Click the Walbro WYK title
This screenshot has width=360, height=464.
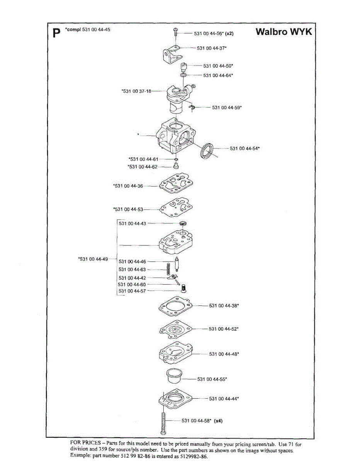coord(284,32)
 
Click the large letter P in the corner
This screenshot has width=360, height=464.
coord(56,33)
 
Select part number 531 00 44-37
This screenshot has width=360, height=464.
coord(212,48)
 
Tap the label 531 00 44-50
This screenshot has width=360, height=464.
coord(218,66)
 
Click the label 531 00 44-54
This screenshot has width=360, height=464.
coord(245,148)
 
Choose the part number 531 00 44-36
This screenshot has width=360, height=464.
coord(128,186)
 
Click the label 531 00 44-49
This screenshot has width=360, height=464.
coord(93,259)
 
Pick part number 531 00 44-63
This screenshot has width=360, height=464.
coord(132,270)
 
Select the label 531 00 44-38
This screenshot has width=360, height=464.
coord(224,305)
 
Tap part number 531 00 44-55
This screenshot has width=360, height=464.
coord(212,379)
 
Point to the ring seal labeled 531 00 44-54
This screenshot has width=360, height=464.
coord(208,150)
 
